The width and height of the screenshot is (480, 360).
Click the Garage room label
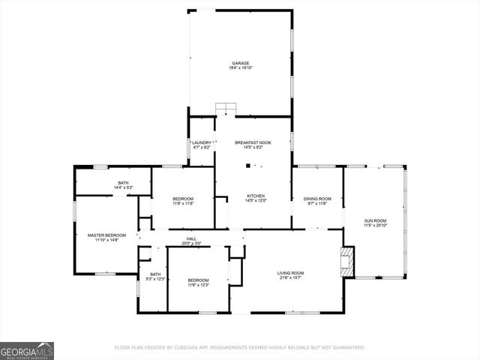pos(240,63)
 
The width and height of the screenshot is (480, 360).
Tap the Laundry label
pos(202,142)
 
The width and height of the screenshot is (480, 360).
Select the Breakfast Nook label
pos(253,142)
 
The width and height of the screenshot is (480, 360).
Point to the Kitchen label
pos(256,196)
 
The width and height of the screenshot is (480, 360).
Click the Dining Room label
pos(317,199)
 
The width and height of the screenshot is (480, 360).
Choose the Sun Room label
pos(375,220)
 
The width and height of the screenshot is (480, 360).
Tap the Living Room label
pos(290,273)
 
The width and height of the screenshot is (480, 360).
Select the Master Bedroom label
pos(106,235)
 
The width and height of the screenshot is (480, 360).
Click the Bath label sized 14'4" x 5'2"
pos(124,183)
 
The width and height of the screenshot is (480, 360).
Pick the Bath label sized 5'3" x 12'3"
pos(155,274)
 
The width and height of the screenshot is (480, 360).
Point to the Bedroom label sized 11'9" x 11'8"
pos(184,199)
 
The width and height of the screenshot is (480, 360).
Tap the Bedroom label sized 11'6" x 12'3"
pos(198,280)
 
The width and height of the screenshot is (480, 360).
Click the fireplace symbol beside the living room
pos(346,260)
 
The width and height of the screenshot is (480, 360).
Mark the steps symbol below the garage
pos(226,109)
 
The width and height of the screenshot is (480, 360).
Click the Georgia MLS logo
pos(27,351)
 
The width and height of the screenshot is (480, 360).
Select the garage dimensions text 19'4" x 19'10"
pos(240,68)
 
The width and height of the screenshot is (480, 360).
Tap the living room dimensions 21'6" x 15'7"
pos(290,278)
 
